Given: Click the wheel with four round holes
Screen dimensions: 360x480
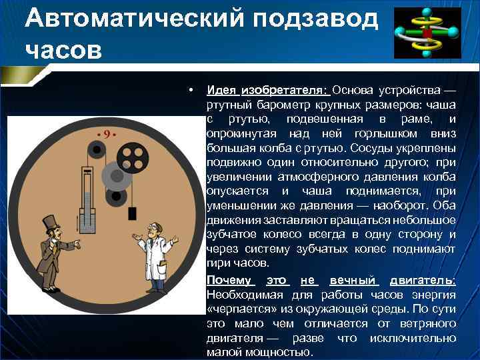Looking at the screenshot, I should click(x=132, y=159).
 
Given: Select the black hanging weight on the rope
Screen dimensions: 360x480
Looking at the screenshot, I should click(x=132, y=213).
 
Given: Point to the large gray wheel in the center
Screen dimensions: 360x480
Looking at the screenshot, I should click(x=114, y=177).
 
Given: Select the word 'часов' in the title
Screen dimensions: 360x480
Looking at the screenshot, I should click(x=64, y=50).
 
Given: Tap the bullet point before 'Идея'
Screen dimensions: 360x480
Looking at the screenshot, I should click(x=191, y=90).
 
